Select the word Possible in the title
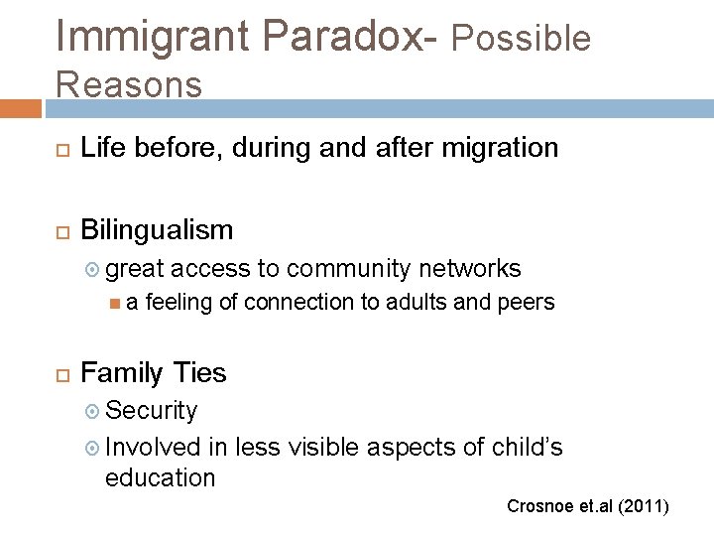pyautogui.click(x=521, y=38)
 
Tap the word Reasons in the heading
pyautogui.click(x=129, y=84)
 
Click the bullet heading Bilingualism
pyautogui.click(x=157, y=230)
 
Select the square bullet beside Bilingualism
pyautogui.click(x=57, y=231)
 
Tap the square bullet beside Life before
pyautogui.click(x=57, y=149)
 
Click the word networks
pyautogui.click(x=469, y=268)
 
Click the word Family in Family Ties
pyautogui.click(x=123, y=373)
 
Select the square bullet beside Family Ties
pyautogui.click(x=57, y=374)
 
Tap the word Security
pyautogui.click(x=151, y=410)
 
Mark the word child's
pyautogui.click(x=527, y=448)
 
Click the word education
pyautogui.click(x=160, y=477)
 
